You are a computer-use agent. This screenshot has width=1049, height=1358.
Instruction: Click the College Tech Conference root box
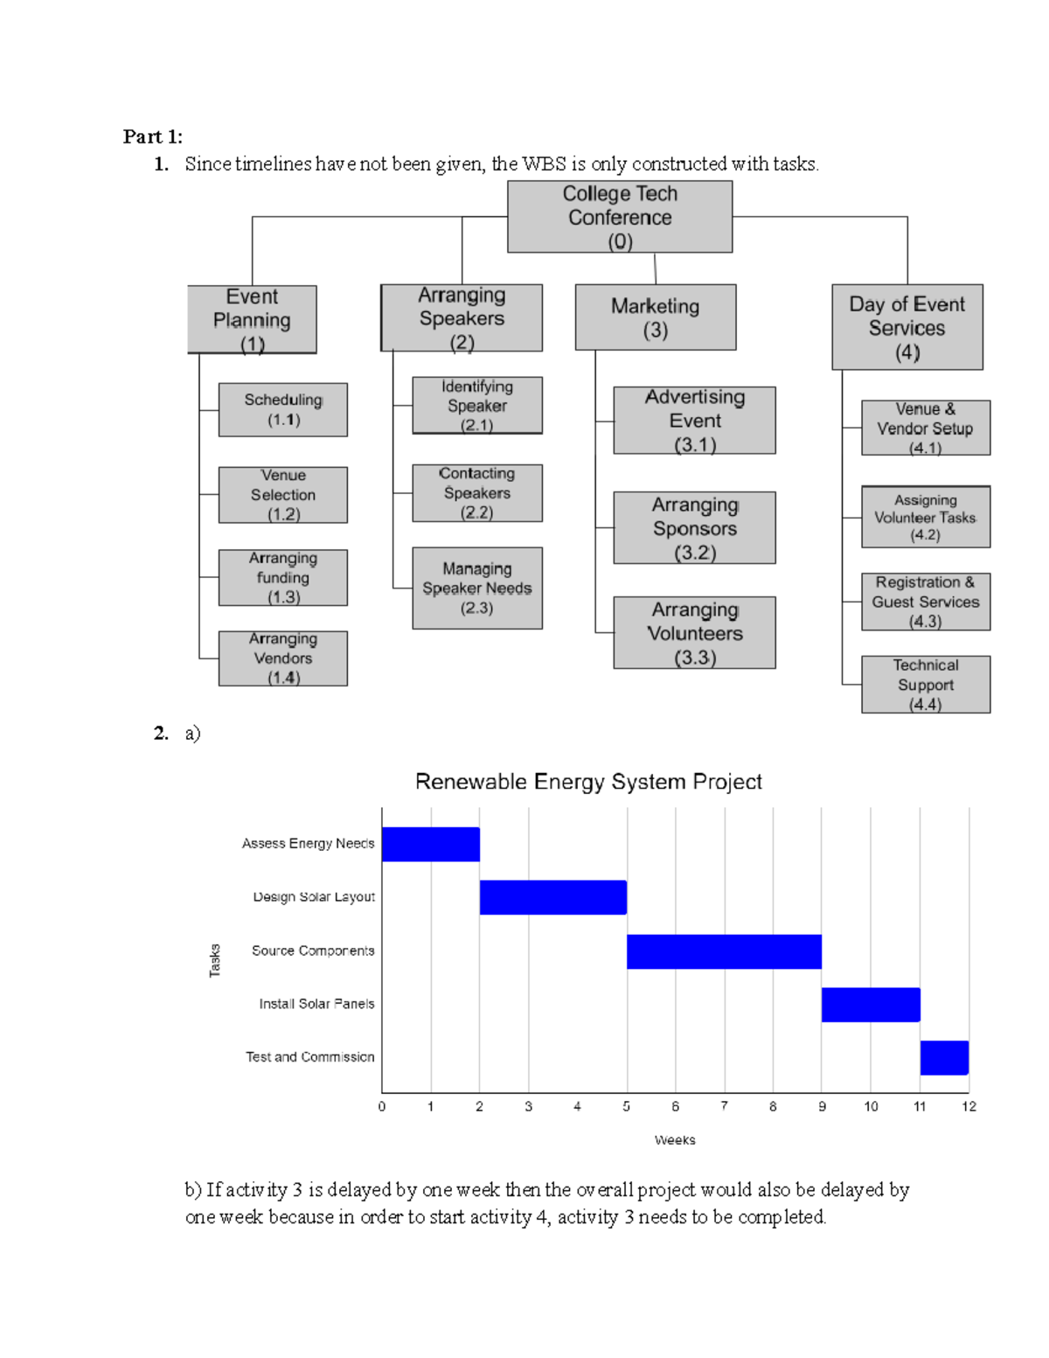pos(620,217)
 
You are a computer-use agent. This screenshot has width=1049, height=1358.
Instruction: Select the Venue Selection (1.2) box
pos(282,495)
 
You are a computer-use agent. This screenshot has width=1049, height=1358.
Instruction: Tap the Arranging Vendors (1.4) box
pos(282,658)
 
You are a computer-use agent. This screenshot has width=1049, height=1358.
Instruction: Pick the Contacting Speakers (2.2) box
pos(477,493)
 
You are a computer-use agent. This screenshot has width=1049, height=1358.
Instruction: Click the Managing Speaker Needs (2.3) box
pos(477,588)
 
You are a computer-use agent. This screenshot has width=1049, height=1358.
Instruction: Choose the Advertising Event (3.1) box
pos(694,421)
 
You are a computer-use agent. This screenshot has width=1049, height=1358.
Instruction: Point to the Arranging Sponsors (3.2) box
pos(694,528)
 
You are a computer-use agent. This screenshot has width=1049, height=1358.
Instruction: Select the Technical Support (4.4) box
pos(926,685)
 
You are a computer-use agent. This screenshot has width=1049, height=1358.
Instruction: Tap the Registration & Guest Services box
pos(926,602)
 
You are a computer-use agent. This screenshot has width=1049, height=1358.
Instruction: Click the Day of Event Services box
pos(907,327)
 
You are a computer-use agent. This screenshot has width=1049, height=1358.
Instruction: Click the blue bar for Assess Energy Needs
pos(431,845)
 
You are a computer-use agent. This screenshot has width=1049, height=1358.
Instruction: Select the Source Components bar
pos(724,951)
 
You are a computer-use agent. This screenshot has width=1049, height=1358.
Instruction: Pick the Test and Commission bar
pos(944,1058)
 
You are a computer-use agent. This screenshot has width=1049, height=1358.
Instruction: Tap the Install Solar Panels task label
pos(316,1004)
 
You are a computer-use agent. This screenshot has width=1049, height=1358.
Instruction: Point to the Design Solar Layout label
pos(314,897)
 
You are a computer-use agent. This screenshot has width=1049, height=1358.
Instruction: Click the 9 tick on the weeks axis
pos(822,1107)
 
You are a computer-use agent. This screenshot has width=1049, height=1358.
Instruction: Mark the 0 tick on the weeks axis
pos(382,1107)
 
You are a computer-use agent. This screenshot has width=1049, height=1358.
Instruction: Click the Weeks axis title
pos(675,1140)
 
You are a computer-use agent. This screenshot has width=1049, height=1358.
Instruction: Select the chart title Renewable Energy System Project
pos(588,782)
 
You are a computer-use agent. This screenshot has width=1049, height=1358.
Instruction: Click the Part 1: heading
pos(153,136)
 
